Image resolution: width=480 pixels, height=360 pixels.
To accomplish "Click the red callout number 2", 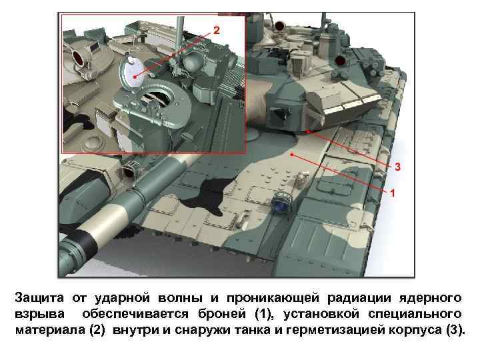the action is tap(217, 30).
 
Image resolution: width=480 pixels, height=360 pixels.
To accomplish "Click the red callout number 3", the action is tap(397, 167).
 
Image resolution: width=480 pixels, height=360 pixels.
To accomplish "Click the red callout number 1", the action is tap(393, 193).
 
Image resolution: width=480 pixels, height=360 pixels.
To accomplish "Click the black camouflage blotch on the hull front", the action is tap(207, 196).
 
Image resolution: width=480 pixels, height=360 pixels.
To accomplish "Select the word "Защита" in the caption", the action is tap(39, 298).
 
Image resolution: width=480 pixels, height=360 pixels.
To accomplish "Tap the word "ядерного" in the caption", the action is tap(430, 298).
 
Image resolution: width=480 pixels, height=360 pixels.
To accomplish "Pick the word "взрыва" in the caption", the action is tap(40, 315).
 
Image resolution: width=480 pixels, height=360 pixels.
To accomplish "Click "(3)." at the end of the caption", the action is tap(456, 330).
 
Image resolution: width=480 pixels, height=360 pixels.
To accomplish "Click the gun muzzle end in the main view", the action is tap(66, 258).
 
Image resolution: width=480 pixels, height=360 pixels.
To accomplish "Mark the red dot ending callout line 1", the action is tap(293, 155).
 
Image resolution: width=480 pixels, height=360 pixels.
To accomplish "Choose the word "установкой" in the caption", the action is tap(321, 315).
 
